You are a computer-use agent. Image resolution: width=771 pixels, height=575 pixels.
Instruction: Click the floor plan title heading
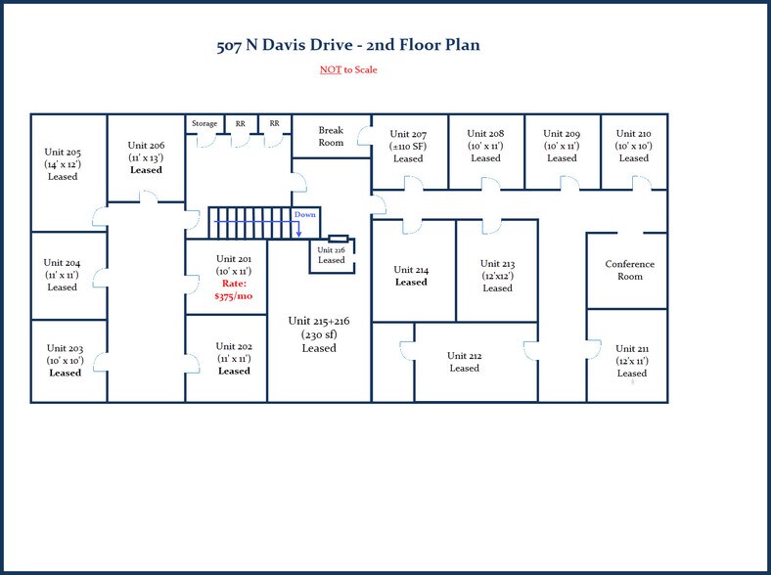347,45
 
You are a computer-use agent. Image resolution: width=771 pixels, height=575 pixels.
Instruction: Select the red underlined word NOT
330,69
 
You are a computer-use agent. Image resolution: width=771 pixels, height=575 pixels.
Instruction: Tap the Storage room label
204,124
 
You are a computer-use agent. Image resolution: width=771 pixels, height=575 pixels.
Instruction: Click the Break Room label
331,136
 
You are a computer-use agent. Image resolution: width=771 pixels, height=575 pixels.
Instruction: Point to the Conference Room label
629,270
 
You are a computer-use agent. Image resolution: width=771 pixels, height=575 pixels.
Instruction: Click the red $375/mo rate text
233,295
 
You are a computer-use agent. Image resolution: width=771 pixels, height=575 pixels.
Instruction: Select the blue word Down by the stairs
305,214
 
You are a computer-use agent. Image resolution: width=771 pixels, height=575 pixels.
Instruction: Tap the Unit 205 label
63,153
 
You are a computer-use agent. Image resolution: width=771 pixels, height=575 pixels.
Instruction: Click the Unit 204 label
62,263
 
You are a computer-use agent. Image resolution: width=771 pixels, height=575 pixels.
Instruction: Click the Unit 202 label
234,346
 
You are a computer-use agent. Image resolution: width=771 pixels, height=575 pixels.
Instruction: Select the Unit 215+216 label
318,321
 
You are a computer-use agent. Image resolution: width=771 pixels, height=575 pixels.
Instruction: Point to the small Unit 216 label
331,250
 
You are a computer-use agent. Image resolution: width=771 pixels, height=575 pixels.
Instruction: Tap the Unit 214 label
411,270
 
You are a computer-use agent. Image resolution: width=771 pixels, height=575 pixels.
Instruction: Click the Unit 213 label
497,264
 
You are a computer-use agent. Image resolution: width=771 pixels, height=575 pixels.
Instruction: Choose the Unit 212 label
465,356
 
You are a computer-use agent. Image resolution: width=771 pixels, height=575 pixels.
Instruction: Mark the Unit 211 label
632,349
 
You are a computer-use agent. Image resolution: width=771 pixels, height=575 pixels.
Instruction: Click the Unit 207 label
408,134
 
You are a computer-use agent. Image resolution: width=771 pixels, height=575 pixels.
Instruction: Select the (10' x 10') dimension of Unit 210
633,146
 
